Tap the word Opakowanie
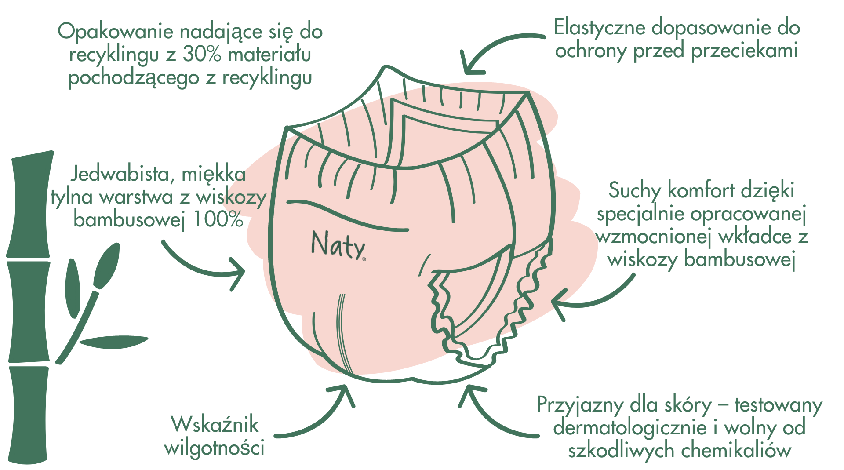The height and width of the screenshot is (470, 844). click(116, 32)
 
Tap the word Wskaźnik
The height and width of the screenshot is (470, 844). click(215, 424)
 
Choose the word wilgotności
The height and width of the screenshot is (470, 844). click(215, 448)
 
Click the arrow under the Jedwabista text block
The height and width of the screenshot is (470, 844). click(198, 270)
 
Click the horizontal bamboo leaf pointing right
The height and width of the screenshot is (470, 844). click(113, 342)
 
